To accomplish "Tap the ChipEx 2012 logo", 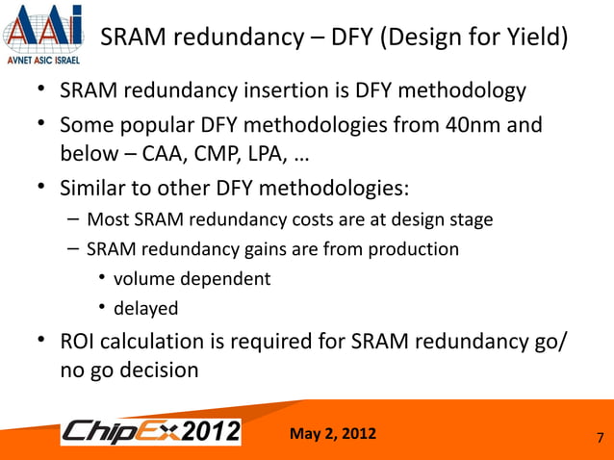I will [x=151, y=433].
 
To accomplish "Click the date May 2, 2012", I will [x=333, y=431].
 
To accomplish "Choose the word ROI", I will [x=83, y=342].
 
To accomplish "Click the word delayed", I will [x=146, y=309].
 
